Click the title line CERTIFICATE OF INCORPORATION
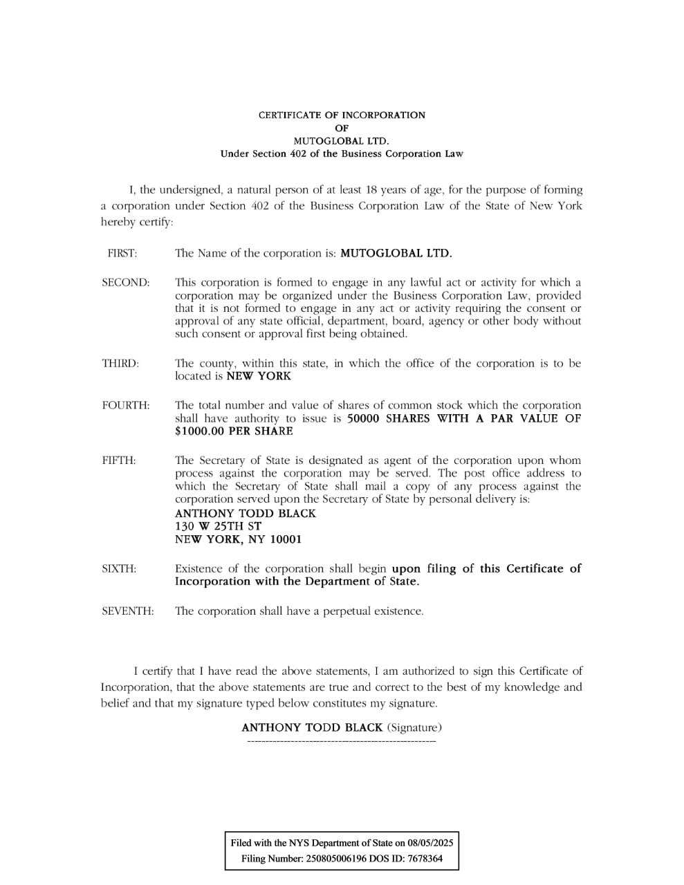342,115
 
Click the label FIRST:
122,253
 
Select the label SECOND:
125,282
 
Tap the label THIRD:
120,363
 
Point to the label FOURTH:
125,405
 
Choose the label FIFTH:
119,460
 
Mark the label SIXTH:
119,568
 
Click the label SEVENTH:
127,611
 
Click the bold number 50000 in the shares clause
363,418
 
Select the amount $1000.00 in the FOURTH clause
200,431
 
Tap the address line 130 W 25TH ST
218,526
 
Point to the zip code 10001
286,539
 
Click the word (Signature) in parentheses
414,727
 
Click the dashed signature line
341,742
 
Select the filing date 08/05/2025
430,843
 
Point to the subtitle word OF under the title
342,128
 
